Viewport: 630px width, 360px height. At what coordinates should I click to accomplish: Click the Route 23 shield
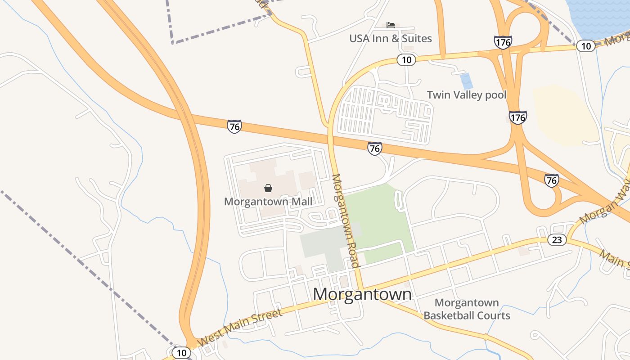pyautogui.click(x=557, y=240)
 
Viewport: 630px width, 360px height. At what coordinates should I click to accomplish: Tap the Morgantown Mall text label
pyautogui.click(x=268, y=201)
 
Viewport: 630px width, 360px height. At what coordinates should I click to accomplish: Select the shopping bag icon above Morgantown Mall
pyautogui.click(x=268, y=188)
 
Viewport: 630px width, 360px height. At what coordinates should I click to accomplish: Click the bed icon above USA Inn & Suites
pyautogui.click(x=391, y=25)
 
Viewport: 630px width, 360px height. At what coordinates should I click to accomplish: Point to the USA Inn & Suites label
pyautogui.click(x=391, y=39)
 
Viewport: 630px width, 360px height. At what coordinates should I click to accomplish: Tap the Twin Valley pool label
pyautogui.click(x=466, y=95)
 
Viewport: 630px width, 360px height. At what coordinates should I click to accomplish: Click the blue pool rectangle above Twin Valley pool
pyautogui.click(x=467, y=81)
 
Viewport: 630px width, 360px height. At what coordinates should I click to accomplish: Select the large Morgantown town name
pyautogui.click(x=362, y=294)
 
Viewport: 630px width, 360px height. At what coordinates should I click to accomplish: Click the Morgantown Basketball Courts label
pyautogui.click(x=467, y=309)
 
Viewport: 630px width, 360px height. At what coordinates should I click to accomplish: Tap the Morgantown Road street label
pyautogui.click(x=346, y=220)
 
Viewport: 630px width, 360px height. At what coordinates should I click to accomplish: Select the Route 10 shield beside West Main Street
pyautogui.click(x=181, y=353)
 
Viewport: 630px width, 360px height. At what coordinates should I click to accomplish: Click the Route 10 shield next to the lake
pyautogui.click(x=585, y=46)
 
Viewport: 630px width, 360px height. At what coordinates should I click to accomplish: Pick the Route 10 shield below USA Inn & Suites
pyautogui.click(x=406, y=60)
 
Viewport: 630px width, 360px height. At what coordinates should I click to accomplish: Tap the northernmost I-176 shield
pyautogui.click(x=503, y=42)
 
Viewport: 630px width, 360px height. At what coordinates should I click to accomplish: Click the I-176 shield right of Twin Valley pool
pyautogui.click(x=518, y=118)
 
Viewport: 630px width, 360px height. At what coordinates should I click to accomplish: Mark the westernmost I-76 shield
pyautogui.click(x=234, y=126)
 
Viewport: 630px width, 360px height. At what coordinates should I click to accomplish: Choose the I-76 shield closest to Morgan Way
pyautogui.click(x=551, y=180)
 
